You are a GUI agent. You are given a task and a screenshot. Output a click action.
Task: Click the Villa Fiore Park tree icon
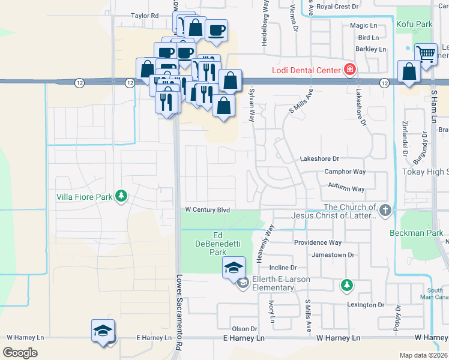pyautogui.click(x=121, y=196)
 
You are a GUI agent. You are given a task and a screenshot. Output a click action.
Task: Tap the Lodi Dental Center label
pyautogui.click(x=307, y=70)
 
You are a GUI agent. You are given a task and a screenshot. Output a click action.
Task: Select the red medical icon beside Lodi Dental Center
pyautogui.click(x=349, y=70)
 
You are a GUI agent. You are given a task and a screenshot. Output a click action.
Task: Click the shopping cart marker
pyautogui.click(x=426, y=53)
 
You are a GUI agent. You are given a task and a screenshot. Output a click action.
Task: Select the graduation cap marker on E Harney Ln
pyautogui.click(x=103, y=331)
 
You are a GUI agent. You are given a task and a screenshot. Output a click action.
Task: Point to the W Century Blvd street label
pyautogui.click(x=207, y=210)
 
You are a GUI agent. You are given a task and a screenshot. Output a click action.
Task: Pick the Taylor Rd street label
pyautogui.click(x=145, y=16)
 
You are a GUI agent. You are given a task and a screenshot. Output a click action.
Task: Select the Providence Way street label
pyautogui.click(x=318, y=242)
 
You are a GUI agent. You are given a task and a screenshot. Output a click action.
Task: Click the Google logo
pyautogui.click(x=20, y=352)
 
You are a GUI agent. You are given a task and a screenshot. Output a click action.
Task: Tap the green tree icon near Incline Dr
pyautogui.click(x=346, y=284)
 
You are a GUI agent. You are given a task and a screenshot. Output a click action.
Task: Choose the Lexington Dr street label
pyautogui.click(x=365, y=305)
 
